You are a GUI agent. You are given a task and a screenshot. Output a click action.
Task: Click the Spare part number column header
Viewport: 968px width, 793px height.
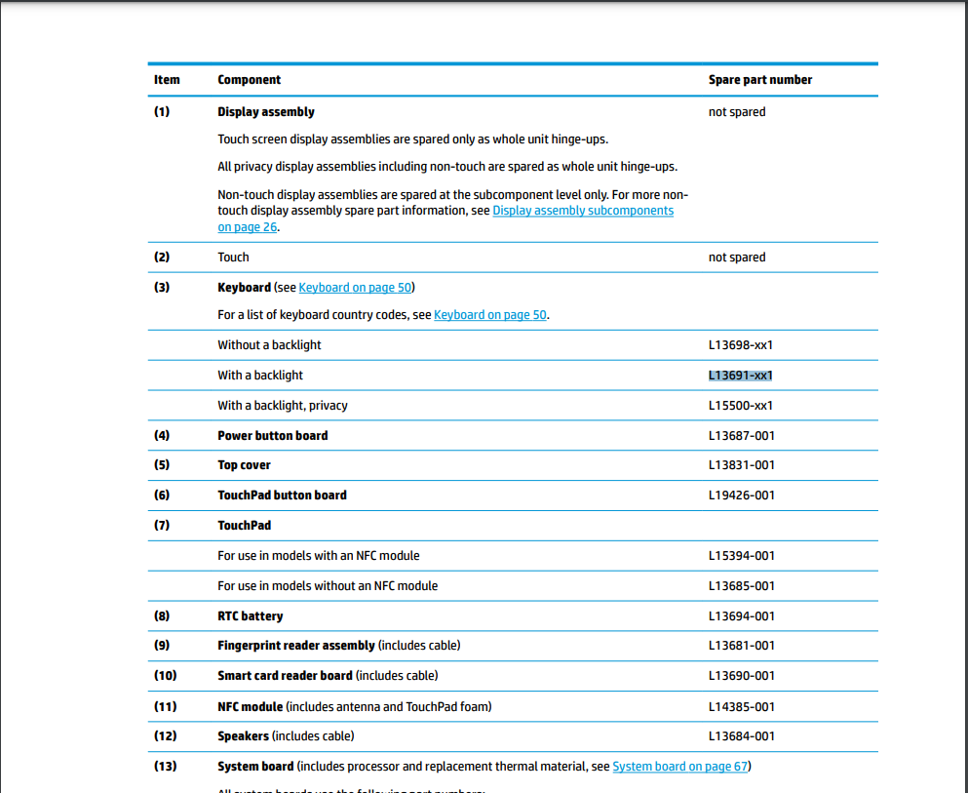point(759,80)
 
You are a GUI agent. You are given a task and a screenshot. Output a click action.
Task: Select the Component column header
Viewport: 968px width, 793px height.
point(249,80)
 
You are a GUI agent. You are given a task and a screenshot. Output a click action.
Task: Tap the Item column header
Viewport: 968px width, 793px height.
point(167,80)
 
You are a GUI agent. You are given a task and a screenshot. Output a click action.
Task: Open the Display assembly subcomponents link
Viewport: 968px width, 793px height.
point(582,211)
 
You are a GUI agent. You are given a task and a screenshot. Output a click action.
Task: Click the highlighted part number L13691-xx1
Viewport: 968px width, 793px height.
point(740,376)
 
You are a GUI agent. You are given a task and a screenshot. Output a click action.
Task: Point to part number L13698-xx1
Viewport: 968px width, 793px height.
point(740,345)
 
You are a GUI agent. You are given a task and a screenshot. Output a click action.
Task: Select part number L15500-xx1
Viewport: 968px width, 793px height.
point(740,406)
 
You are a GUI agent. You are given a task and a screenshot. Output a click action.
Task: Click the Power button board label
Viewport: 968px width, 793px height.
point(272,436)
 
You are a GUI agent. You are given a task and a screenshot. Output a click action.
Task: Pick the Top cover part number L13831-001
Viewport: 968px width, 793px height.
point(741,465)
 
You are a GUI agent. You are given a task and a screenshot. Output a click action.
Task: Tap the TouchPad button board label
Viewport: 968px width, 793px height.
point(282,496)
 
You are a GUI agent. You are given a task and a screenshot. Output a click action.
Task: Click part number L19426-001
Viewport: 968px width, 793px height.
point(741,496)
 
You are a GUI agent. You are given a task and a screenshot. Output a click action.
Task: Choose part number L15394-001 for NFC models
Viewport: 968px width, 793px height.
point(741,556)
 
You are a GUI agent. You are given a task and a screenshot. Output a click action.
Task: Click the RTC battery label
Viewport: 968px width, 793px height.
point(251,616)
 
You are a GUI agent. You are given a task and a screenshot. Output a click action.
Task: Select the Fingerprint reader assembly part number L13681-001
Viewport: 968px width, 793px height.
point(741,646)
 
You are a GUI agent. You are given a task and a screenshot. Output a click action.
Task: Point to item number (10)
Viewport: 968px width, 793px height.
point(165,676)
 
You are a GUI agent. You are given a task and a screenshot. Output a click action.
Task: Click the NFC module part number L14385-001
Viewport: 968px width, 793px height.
point(741,706)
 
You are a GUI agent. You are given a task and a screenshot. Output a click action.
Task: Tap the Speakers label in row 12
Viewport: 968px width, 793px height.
point(243,736)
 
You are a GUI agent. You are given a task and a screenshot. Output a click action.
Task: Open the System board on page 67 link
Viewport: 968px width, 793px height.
point(679,767)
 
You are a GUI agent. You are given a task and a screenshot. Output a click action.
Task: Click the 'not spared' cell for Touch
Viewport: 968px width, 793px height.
point(736,258)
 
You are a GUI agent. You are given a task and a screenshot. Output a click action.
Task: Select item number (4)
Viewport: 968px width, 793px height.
point(162,436)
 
